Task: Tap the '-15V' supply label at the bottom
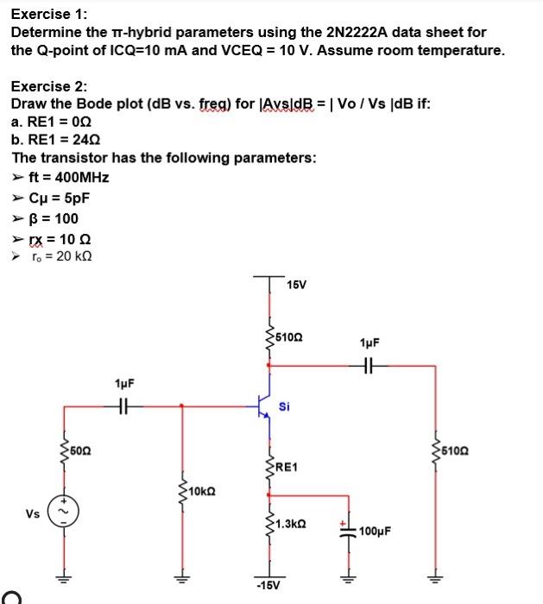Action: click(267, 588)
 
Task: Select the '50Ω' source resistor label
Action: click(80, 449)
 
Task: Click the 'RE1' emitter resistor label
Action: click(287, 467)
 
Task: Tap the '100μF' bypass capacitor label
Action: click(376, 529)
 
